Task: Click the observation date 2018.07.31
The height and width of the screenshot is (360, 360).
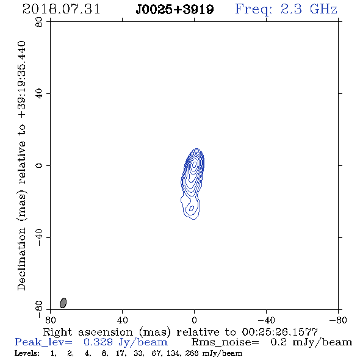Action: point(61,9)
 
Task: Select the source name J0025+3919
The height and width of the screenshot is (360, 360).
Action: point(175,10)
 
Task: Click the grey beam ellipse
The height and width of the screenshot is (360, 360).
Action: point(63,303)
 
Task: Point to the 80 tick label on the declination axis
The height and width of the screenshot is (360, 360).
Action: point(39,22)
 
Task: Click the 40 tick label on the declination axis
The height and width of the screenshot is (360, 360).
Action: point(39,94)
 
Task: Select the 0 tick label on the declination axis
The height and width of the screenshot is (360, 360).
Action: point(39,165)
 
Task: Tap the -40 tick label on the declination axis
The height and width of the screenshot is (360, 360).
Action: point(39,238)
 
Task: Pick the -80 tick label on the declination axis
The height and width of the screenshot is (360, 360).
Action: point(39,309)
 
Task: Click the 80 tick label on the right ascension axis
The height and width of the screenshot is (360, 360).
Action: point(50,320)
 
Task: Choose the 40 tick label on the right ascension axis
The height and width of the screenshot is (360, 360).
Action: point(123,320)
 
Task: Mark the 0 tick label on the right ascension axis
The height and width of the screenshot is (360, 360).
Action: point(194,320)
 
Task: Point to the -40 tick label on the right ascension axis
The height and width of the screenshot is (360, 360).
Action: point(266,320)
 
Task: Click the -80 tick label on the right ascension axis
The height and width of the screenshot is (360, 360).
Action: point(338,320)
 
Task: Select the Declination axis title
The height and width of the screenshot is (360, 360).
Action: point(21,165)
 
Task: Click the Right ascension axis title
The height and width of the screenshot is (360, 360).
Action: point(181,332)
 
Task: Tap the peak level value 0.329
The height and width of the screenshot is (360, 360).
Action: point(98,342)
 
